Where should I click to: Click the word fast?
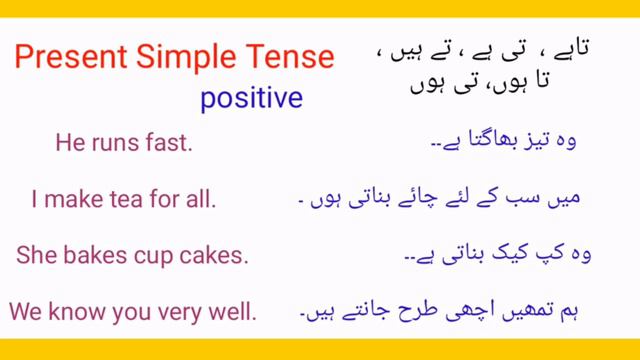coord(172,144)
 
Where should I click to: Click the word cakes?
coord(215,255)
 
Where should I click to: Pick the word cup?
coord(153,256)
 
